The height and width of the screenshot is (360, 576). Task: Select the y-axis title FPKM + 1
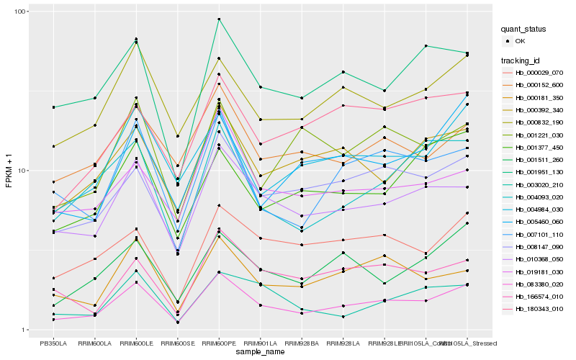pos(9,171)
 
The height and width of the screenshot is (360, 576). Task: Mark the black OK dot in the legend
pos(509,41)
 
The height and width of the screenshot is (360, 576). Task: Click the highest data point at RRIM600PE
pos(219,19)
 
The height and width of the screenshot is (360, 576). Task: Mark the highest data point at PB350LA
pos(53,107)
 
